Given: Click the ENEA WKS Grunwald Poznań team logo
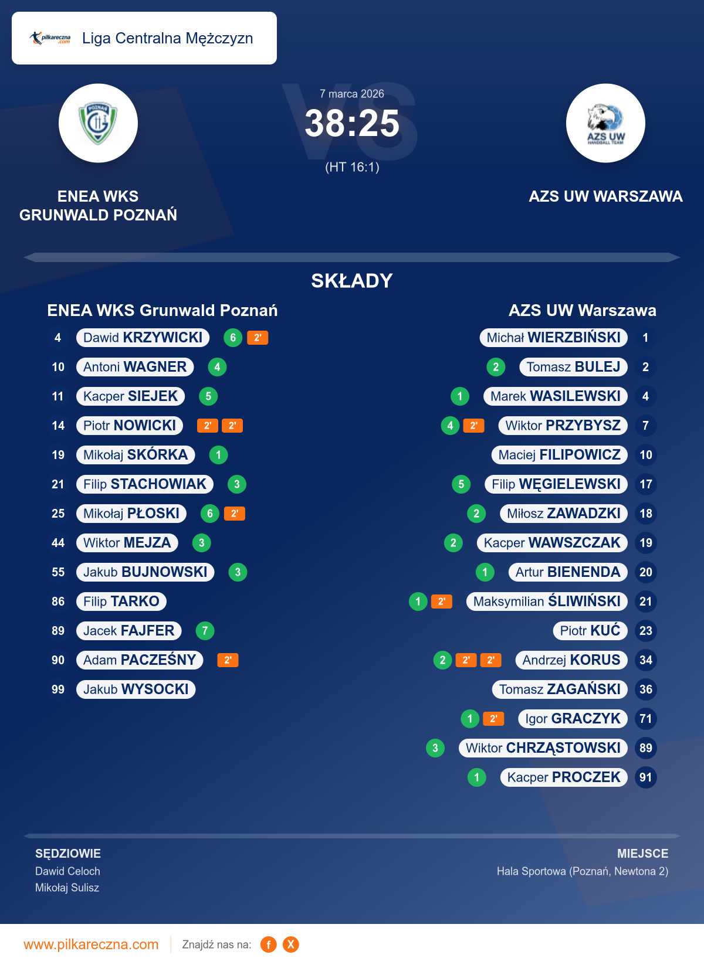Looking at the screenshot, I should tap(98, 123).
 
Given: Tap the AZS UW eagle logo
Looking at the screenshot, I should tap(605, 123).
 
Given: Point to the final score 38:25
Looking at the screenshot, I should tap(352, 124).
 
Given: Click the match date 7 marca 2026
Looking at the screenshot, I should tap(352, 94).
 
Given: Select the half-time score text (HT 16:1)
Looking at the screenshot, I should tap(352, 167).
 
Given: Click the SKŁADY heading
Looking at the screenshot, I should tap(352, 281).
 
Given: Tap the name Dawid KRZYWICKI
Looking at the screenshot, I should tap(143, 338).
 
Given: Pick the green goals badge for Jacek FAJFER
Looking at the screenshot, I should tap(205, 631).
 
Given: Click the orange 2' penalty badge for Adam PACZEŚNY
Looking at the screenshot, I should tap(228, 660).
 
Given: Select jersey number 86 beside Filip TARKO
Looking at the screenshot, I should tap(58, 602).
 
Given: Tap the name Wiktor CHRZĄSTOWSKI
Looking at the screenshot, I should tap(543, 748).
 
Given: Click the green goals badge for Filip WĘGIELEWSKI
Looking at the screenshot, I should tap(461, 484).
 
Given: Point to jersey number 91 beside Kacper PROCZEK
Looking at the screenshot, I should tap(645, 777).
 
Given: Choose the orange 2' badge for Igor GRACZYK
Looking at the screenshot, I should tap(493, 719).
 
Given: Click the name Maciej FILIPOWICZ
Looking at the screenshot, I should tap(559, 455).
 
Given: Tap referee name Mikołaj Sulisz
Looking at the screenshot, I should tap(67, 888).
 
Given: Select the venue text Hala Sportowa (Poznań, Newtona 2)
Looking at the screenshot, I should tap(582, 871).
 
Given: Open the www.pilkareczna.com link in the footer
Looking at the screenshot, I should tap(91, 944).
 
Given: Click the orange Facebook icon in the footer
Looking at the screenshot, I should tap(269, 944).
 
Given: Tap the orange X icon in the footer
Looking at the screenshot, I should tap(290, 944).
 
